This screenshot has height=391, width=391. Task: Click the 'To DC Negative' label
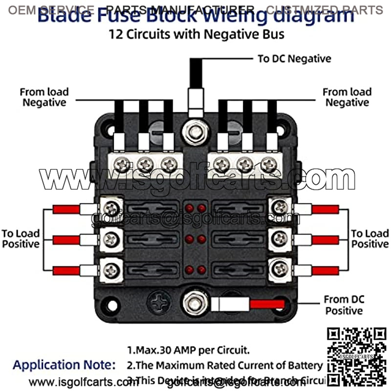pyautogui.click(x=294, y=59)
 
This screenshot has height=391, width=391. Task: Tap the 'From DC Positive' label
pyautogui.click(x=344, y=304)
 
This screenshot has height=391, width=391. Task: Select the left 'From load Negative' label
pyautogui.click(x=44, y=97)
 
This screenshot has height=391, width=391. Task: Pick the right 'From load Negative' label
pyautogui.click(x=347, y=97)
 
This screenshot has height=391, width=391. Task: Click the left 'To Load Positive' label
pyautogui.click(x=21, y=238)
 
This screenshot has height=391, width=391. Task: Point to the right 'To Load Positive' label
pyautogui.click(x=370, y=238)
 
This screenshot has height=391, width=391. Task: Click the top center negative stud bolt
pyautogui.click(x=195, y=132)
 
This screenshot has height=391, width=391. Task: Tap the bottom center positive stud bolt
pyautogui.click(x=195, y=303)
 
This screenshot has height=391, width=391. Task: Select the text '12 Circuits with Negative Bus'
pyautogui.click(x=195, y=35)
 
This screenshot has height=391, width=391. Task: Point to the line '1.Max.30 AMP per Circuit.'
pyautogui.click(x=188, y=350)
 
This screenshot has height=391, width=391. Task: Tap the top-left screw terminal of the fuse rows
pyautogui.click(x=112, y=208)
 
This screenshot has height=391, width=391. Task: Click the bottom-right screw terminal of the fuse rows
pyautogui.click(x=280, y=268)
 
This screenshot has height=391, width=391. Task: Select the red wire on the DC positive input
pyautogui.click(x=267, y=304)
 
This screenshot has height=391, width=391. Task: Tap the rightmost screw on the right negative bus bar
pyautogui.click(x=267, y=165)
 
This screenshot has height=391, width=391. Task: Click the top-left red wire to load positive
pyautogui.click(x=66, y=209)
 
